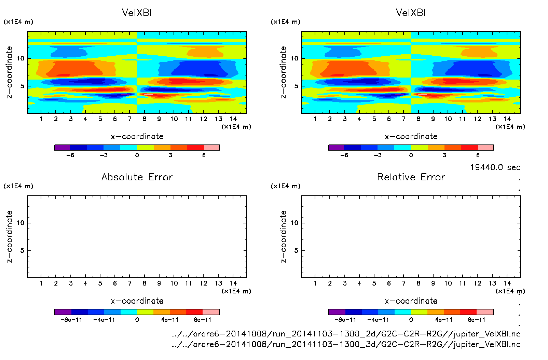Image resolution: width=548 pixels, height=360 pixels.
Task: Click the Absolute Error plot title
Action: pyautogui.click(x=137, y=177)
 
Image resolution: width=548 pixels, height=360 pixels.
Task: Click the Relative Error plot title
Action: pyautogui.click(x=411, y=177)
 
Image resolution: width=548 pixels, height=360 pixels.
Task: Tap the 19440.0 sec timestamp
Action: pyautogui.click(x=495, y=167)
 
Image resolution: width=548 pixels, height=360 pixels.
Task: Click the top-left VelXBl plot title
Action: pyautogui.click(x=137, y=13)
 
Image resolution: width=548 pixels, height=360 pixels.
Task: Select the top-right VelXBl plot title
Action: pyautogui.click(x=411, y=13)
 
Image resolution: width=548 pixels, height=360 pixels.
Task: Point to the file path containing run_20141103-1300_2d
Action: pyautogui.click(x=346, y=334)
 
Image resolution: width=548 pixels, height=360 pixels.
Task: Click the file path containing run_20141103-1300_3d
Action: pyautogui.click(x=346, y=344)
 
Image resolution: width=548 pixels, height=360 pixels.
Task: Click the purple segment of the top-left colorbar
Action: pyautogui.click(x=63, y=148)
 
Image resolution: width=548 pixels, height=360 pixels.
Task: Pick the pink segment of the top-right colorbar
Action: pyautogui.click(x=485, y=148)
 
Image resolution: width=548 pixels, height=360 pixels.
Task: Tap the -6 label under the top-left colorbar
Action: pyautogui.click(x=70, y=155)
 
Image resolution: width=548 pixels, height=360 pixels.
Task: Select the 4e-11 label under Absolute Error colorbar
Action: pyautogui.click(x=170, y=320)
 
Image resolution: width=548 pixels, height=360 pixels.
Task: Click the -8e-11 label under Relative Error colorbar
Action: pyautogui.click(x=345, y=320)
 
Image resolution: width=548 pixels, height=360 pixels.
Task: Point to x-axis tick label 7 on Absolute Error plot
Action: pyautogui.click(x=129, y=283)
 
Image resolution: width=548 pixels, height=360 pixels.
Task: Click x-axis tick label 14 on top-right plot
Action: pyautogui.click(x=507, y=119)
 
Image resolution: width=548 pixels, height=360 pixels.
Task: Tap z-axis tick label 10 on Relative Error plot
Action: pyautogui.click(x=294, y=223)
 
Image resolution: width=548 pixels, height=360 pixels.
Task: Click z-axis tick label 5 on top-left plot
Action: pyautogui.click(x=22, y=86)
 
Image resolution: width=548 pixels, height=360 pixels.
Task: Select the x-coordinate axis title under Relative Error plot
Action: pyautogui.click(x=411, y=301)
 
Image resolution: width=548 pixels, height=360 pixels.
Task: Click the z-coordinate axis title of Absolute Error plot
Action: pyautogui.click(x=9, y=236)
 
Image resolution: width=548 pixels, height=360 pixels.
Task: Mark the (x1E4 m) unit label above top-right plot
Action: pyautogui.click(x=286, y=22)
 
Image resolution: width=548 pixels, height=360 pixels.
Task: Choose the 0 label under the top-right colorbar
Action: pyautogui.click(x=411, y=155)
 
